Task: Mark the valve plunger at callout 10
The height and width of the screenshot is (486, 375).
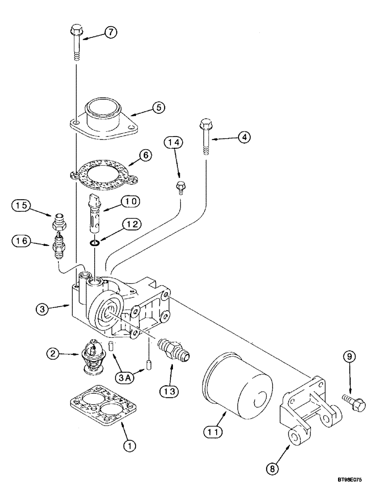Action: click(95, 207)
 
